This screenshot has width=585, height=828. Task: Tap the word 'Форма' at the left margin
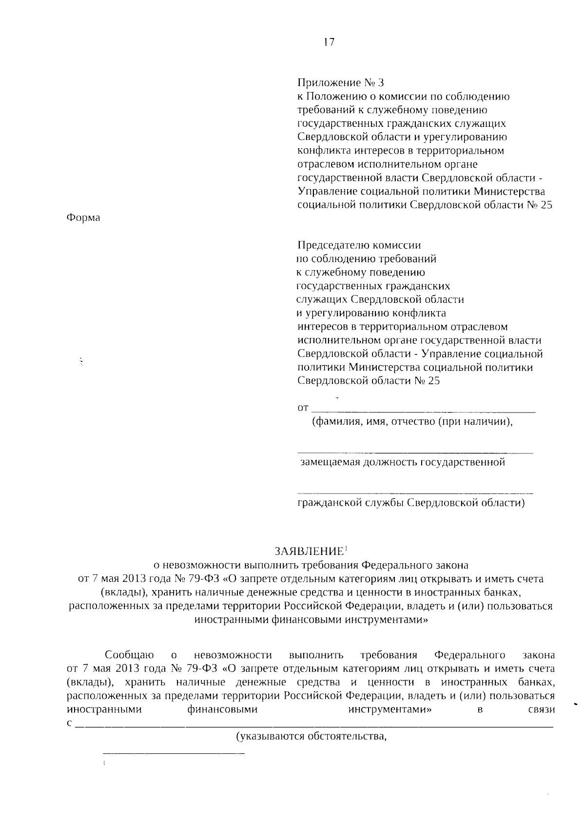83,218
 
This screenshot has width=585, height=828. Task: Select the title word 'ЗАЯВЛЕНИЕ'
309,552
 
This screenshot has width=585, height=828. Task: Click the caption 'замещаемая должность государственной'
402,462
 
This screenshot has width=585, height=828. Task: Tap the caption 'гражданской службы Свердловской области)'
411,503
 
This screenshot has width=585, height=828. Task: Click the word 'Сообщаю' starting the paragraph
129,655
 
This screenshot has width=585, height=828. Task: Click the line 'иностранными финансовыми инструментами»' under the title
311,620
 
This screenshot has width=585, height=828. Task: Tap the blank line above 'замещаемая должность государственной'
414,452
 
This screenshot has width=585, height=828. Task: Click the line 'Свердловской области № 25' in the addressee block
369,381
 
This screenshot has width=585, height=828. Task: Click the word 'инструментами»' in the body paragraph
390,710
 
